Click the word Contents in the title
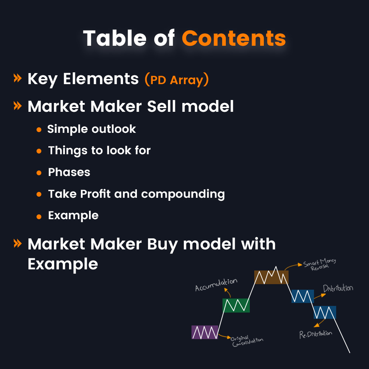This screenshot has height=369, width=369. click(234, 38)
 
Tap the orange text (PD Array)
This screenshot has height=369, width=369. click(176, 80)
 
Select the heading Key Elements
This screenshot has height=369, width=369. click(83, 79)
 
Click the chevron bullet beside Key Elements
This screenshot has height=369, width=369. click(17, 78)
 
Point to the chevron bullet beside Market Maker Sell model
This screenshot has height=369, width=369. click(17, 106)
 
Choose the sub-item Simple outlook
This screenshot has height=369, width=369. click(92, 129)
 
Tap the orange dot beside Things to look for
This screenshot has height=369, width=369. click(39, 151)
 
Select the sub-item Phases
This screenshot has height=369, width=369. click(69, 172)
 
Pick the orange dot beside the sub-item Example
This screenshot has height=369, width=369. click(39, 217)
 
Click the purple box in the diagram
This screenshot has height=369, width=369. click(205, 332)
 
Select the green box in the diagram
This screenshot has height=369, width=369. click(236, 305)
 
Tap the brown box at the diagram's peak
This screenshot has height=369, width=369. click(271, 277)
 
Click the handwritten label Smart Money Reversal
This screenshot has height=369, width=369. click(320, 265)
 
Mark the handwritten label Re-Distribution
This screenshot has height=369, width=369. click(315, 334)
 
